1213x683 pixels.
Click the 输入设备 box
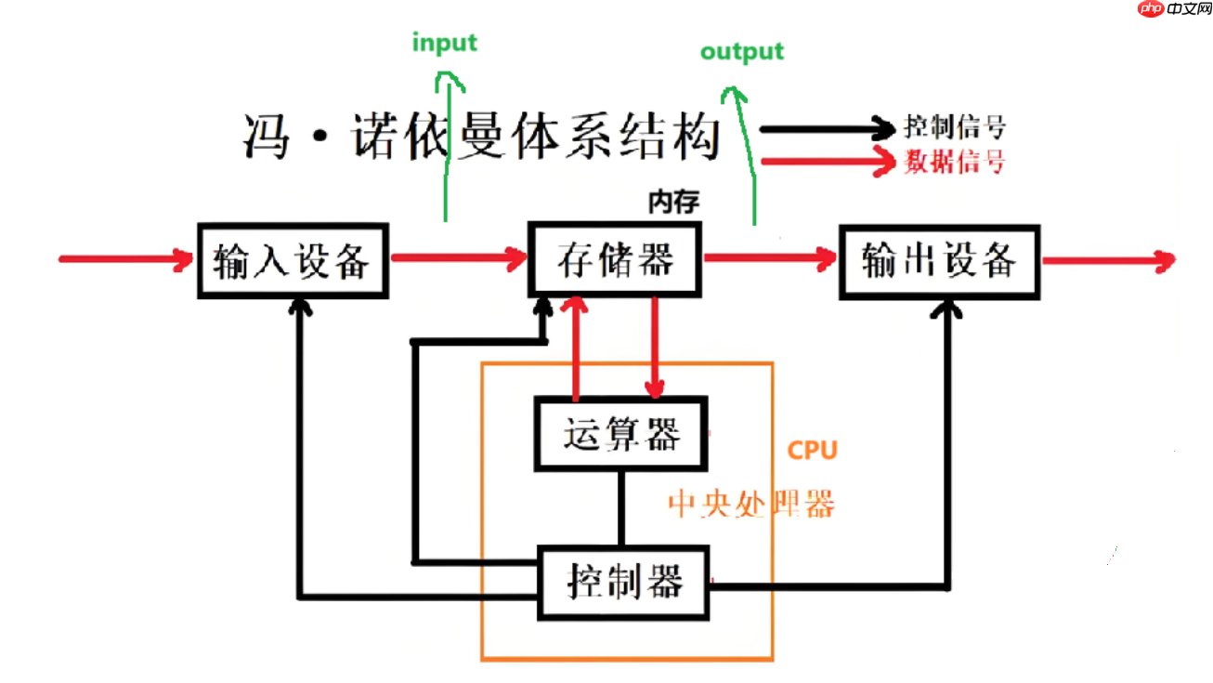pyautogui.click(x=293, y=261)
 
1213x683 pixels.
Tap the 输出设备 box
pyautogui.click(x=939, y=261)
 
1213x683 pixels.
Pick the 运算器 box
pyautogui.click(x=620, y=434)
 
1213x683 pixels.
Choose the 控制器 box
pyautogui.click(x=624, y=582)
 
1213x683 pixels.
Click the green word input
pyautogui.click(x=444, y=44)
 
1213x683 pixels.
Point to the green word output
pyautogui.click(x=741, y=51)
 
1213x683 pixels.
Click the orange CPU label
pyautogui.click(x=812, y=451)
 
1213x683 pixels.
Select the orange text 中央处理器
pyautogui.click(x=751, y=504)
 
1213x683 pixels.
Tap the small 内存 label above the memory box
pyautogui.click(x=672, y=200)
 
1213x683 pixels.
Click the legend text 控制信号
pyautogui.click(x=954, y=128)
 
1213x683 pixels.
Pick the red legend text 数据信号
pyautogui.click(x=954, y=163)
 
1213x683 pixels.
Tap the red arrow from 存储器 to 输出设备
pyautogui.click(x=770, y=260)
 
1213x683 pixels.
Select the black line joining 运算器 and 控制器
pyautogui.click(x=621, y=509)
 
